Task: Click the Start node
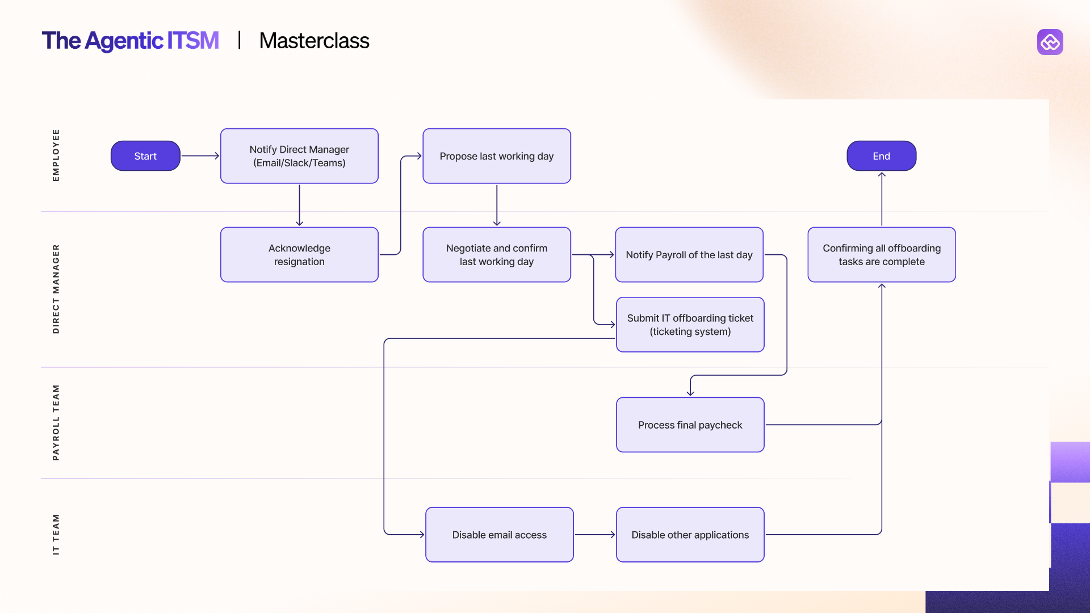[145, 156]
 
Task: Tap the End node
[881, 156]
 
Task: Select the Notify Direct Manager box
[299, 156]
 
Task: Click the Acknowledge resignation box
[299, 255]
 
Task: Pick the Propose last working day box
[496, 156]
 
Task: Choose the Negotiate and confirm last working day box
[496, 255]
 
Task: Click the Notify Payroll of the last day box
[689, 255]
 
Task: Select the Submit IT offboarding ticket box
[690, 325]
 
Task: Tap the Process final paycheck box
[690, 425]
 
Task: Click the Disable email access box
[499, 535]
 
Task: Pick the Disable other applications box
[690, 535]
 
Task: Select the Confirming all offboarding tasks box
[881, 255]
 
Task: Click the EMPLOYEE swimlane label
[56, 156]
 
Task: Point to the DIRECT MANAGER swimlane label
[56, 289]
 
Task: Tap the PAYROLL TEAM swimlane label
[56, 423]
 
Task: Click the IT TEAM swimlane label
[56, 534]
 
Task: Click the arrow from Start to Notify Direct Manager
[200, 156]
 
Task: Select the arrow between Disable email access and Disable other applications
[594, 535]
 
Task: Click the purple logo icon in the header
[1050, 42]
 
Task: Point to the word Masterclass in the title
[314, 41]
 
